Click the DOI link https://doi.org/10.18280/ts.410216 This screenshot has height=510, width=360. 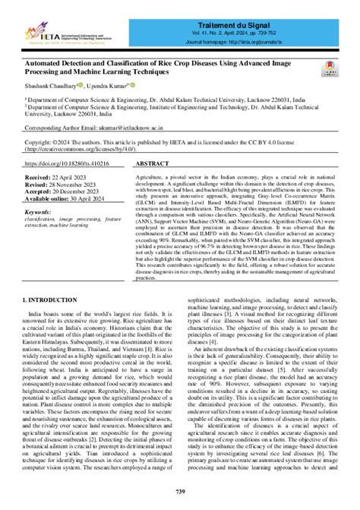[x=89, y=163]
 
